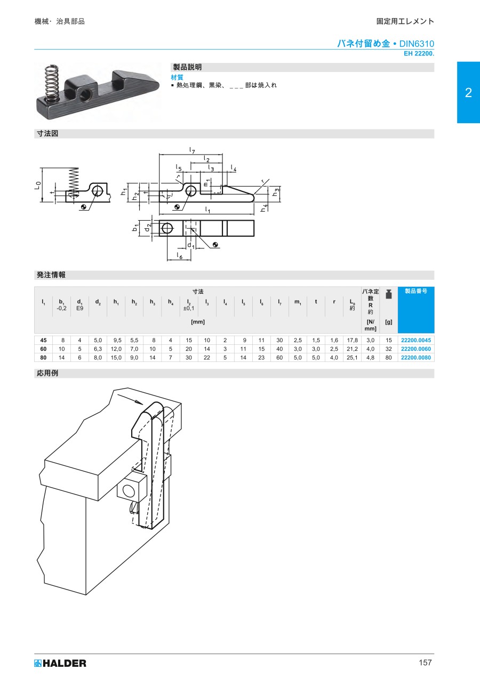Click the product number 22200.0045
(415, 340)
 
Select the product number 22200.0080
(415, 358)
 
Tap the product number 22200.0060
(415, 349)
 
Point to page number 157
(425, 663)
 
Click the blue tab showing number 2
(468, 93)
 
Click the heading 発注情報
(51, 275)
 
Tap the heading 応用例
(47, 373)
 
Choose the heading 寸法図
(47, 134)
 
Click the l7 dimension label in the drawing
(191, 150)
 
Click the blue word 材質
(177, 77)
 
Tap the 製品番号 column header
(415, 292)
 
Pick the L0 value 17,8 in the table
(352, 340)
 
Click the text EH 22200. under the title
(419, 53)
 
